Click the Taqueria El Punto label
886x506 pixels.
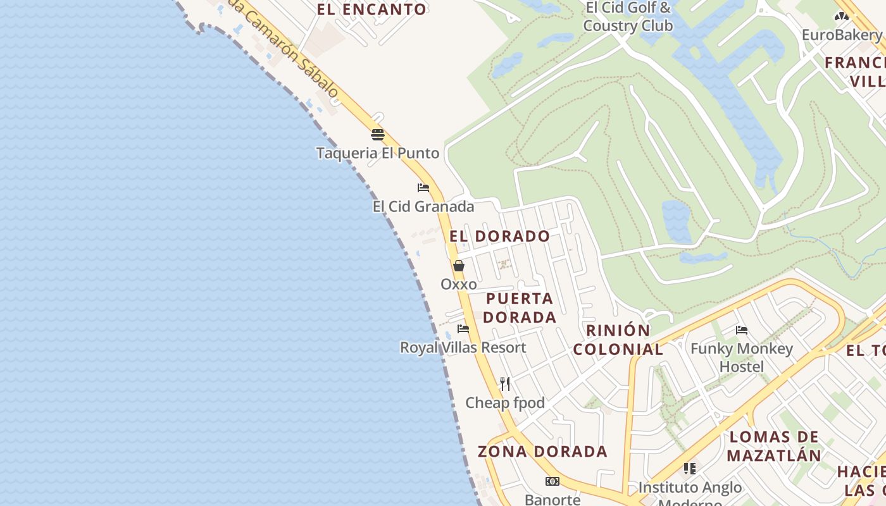click(x=378, y=153)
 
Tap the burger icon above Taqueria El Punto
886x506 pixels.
click(x=378, y=135)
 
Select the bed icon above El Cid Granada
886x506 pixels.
click(x=423, y=188)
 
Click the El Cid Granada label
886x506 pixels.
click(x=423, y=206)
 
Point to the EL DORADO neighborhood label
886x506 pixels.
click(x=500, y=237)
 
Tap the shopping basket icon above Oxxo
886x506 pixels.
click(x=459, y=266)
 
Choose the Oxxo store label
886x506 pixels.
click(x=459, y=285)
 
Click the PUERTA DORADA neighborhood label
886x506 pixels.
click(x=520, y=307)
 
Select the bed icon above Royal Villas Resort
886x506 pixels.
click(x=463, y=329)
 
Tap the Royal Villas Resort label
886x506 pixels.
click(x=463, y=348)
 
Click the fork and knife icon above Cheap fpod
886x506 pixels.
click(x=505, y=384)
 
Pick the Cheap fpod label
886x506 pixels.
click(x=505, y=403)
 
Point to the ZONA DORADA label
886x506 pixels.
click(x=542, y=452)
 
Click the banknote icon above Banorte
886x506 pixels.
click(x=552, y=481)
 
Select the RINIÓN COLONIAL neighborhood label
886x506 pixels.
click(x=618, y=340)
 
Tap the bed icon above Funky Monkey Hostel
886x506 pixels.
click(x=742, y=330)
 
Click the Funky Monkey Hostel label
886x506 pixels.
click(x=742, y=357)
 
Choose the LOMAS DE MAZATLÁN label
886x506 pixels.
click(x=774, y=446)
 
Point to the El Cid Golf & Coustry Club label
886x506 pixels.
click(x=628, y=17)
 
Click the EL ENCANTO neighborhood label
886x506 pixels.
click(x=371, y=9)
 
